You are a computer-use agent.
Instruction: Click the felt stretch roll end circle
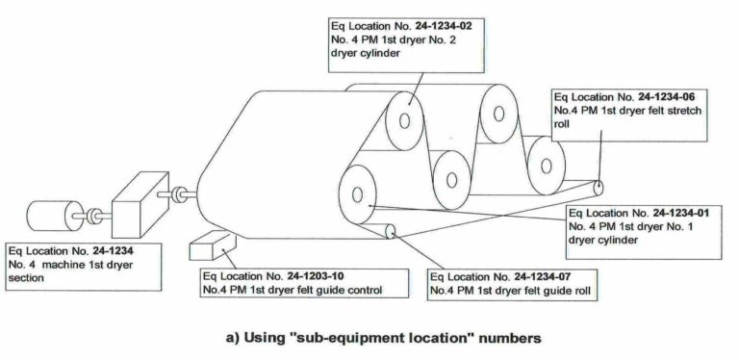[x=599, y=187]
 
